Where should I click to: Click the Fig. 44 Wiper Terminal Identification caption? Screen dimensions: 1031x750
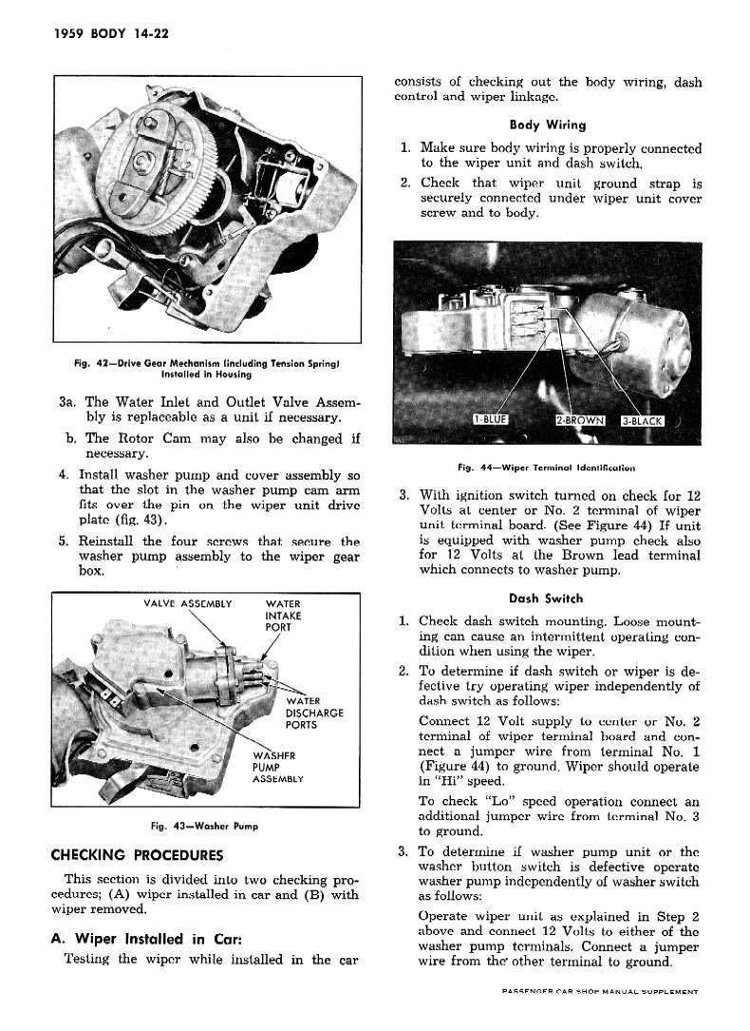pos(546,468)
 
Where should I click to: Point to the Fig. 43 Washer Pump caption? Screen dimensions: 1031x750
pos(205,826)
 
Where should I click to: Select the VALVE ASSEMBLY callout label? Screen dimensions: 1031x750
pos(187,603)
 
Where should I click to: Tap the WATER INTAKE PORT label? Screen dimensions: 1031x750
pos(284,616)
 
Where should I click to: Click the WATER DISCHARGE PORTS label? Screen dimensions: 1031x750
pos(313,713)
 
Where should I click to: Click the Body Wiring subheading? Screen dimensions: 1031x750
pos(547,124)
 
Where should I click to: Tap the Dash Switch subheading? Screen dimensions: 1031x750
pos(546,599)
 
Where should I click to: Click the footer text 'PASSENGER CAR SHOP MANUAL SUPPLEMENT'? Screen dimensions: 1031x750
pos(600,991)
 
